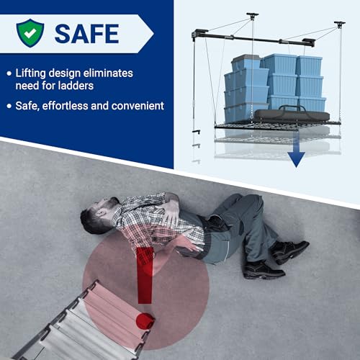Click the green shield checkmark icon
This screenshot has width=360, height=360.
(x=30, y=33)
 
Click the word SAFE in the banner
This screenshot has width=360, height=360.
(x=87, y=34)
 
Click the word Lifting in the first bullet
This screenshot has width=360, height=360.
(x=30, y=73)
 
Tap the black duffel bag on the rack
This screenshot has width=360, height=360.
(x=292, y=114)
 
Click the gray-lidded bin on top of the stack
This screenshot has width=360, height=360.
(x=246, y=62)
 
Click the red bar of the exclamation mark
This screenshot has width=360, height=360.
(x=145, y=276)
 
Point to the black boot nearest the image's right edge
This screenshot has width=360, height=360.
(x=290, y=251)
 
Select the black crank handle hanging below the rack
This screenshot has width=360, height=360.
(x=197, y=132)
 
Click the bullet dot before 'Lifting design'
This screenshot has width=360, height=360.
(x=9, y=73)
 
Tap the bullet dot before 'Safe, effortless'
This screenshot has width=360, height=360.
(x=9, y=106)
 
